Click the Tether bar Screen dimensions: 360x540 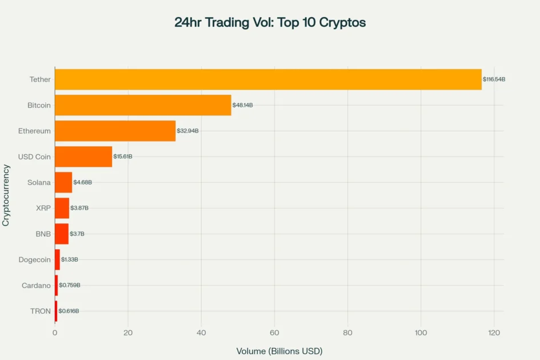268,79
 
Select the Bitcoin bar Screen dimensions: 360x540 143,105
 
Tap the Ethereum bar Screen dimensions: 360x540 115,131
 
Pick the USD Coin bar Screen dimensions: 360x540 83,157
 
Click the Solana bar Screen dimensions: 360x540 63,182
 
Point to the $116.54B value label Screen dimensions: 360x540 494,79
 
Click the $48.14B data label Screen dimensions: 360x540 242,105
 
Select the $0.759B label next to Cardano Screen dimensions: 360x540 70,285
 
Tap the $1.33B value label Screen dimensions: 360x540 70,259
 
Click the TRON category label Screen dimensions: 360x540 40,311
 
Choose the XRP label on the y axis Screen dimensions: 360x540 43,208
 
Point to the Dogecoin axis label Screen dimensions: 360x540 34,259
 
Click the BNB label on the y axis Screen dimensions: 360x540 43,234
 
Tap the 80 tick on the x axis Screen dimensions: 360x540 348,333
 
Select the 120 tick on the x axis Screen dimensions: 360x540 494,333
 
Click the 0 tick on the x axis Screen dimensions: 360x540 55,333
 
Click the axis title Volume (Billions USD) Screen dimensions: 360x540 279,351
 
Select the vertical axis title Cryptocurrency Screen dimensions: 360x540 6,195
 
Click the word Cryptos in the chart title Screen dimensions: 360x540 343,23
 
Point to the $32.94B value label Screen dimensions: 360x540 187,131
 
